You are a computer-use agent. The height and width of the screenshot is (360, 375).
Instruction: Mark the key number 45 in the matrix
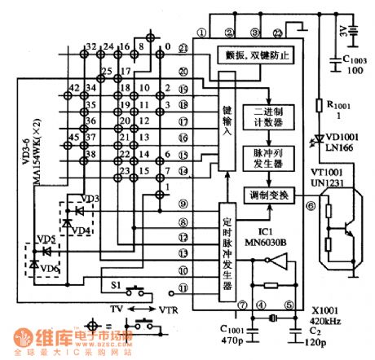coord(73,136)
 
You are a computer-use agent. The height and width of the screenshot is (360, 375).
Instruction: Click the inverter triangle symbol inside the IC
coord(263,261)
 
